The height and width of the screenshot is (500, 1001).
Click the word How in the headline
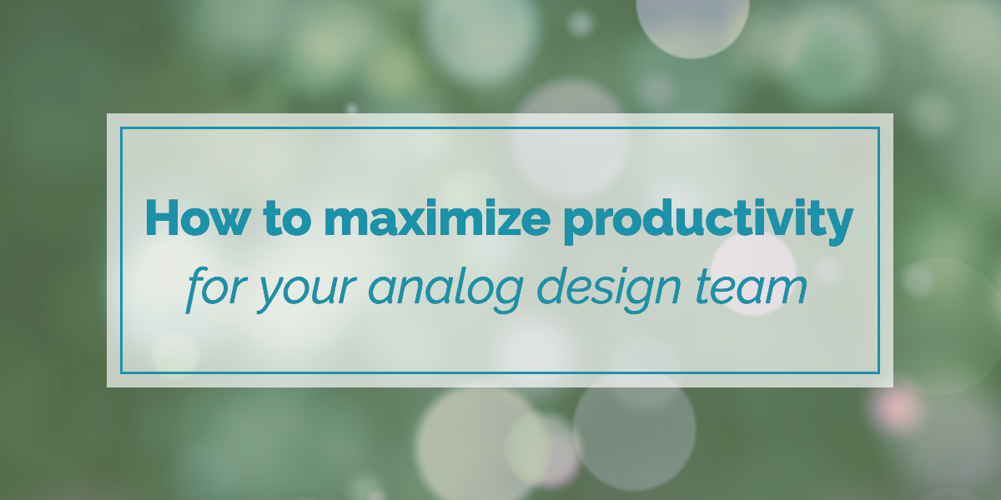coord(196,217)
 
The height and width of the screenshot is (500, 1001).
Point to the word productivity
coord(708,222)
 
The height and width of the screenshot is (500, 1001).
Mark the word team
coord(751,288)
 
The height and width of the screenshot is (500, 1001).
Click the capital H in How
coord(162,217)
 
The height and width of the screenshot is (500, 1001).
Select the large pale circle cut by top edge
coord(692,24)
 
